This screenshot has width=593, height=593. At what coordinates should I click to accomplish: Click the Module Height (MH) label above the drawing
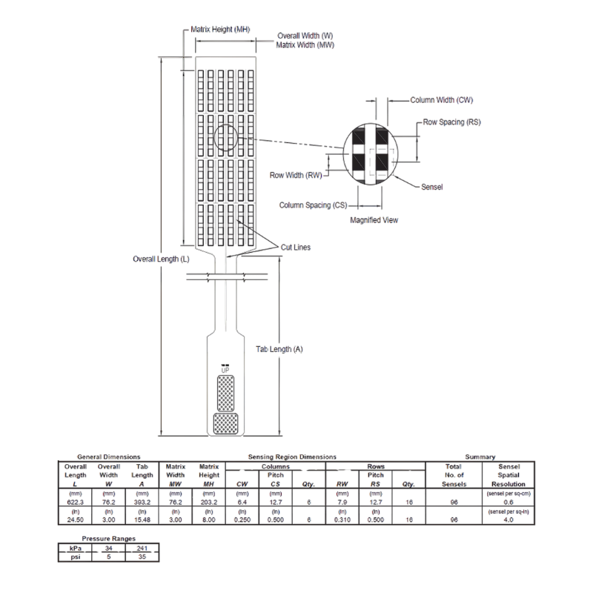click(220, 29)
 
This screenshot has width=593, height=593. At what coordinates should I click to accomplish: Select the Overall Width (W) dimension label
click(305, 35)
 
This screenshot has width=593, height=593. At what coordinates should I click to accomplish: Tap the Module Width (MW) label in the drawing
click(304, 44)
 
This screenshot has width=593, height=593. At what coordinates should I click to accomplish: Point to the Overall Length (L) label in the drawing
click(161, 259)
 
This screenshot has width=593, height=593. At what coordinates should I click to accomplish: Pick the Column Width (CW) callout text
click(441, 99)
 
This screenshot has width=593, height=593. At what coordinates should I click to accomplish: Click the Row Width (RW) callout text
click(295, 175)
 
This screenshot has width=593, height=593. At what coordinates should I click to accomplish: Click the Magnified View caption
click(374, 219)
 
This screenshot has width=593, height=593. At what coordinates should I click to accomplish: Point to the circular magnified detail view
click(371, 152)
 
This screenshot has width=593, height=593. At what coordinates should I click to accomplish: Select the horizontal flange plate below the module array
click(227, 278)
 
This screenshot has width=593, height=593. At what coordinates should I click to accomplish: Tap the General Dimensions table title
click(109, 457)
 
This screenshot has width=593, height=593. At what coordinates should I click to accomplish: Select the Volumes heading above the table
click(480, 457)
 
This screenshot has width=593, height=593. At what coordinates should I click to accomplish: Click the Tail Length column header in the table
click(141, 474)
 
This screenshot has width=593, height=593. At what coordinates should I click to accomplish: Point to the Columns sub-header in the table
click(274, 467)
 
